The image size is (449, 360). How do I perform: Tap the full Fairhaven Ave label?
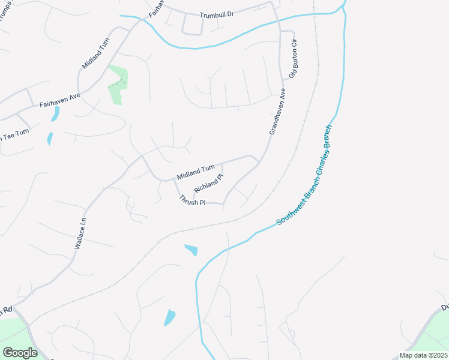(x=59, y=100)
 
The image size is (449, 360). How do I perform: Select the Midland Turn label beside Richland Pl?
(x=196, y=173)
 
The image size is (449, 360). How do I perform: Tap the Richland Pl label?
(x=208, y=184)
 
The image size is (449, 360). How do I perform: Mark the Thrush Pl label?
(x=192, y=200)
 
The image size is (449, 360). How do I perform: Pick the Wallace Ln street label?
(x=80, y=234)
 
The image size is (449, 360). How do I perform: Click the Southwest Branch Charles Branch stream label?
(x=304, y=175)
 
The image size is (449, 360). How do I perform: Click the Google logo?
(x=20, y=352)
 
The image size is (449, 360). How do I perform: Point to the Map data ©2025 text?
(x=423, y=355)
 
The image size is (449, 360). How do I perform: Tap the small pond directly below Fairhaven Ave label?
(x=55, y=113)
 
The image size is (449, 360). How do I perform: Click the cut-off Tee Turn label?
(x=14, y=135)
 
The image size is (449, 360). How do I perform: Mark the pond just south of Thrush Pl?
(x=191, y=249)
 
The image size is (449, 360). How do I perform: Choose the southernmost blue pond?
(x=170, y=317)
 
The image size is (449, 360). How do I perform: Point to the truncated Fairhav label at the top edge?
(x=154, y=8)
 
